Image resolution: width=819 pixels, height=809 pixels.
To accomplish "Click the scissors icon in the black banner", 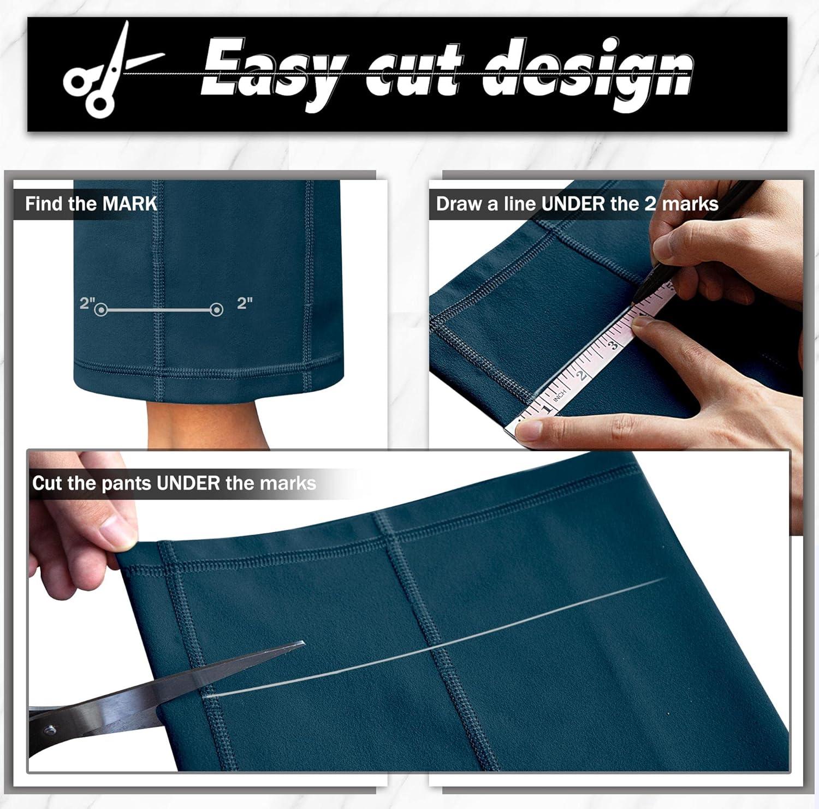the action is click(x=104, y=72).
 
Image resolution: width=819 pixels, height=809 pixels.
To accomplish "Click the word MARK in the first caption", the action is click(x=130, y=204).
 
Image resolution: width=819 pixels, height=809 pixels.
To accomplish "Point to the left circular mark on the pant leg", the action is click(x=100, y=310).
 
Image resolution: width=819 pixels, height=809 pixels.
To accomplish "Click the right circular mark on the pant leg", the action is click(x=217, y=310).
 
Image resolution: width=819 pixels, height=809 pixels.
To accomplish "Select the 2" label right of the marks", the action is click(x=245, y=302).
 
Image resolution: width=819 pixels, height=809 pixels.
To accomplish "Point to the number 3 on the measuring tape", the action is click(x=613, y=344).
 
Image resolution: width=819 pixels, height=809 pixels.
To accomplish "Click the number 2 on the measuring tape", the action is click(x=582, y=374).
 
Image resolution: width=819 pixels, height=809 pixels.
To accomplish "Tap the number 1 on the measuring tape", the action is click(x=547, y=407).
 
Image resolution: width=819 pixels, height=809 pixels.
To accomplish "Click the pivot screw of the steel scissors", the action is click(x=51, y=728).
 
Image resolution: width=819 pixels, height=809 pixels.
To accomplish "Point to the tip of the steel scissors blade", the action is click(x=303, y=644).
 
